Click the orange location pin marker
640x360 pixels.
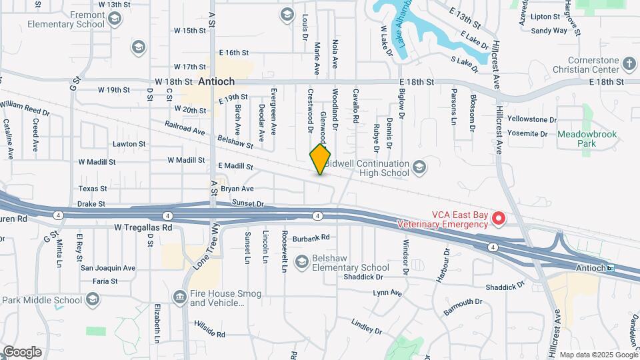pos(320,159)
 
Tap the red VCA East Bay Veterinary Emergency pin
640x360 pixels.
pos(498,218)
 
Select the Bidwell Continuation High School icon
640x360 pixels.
pos(419,166)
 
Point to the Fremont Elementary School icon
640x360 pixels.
pos(115,20)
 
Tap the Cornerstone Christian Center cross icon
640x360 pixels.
pos(629,64)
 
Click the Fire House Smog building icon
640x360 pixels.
pos(179,296)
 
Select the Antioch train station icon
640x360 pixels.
pos(610,268)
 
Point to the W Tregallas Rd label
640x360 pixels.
pos(143,227)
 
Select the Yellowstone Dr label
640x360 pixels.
pos(531,120)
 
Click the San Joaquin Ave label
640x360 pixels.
pos(108,268)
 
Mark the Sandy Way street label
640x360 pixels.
pos(549,30)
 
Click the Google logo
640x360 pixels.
pos(22,351)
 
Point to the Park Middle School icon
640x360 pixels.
pos(93,300)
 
